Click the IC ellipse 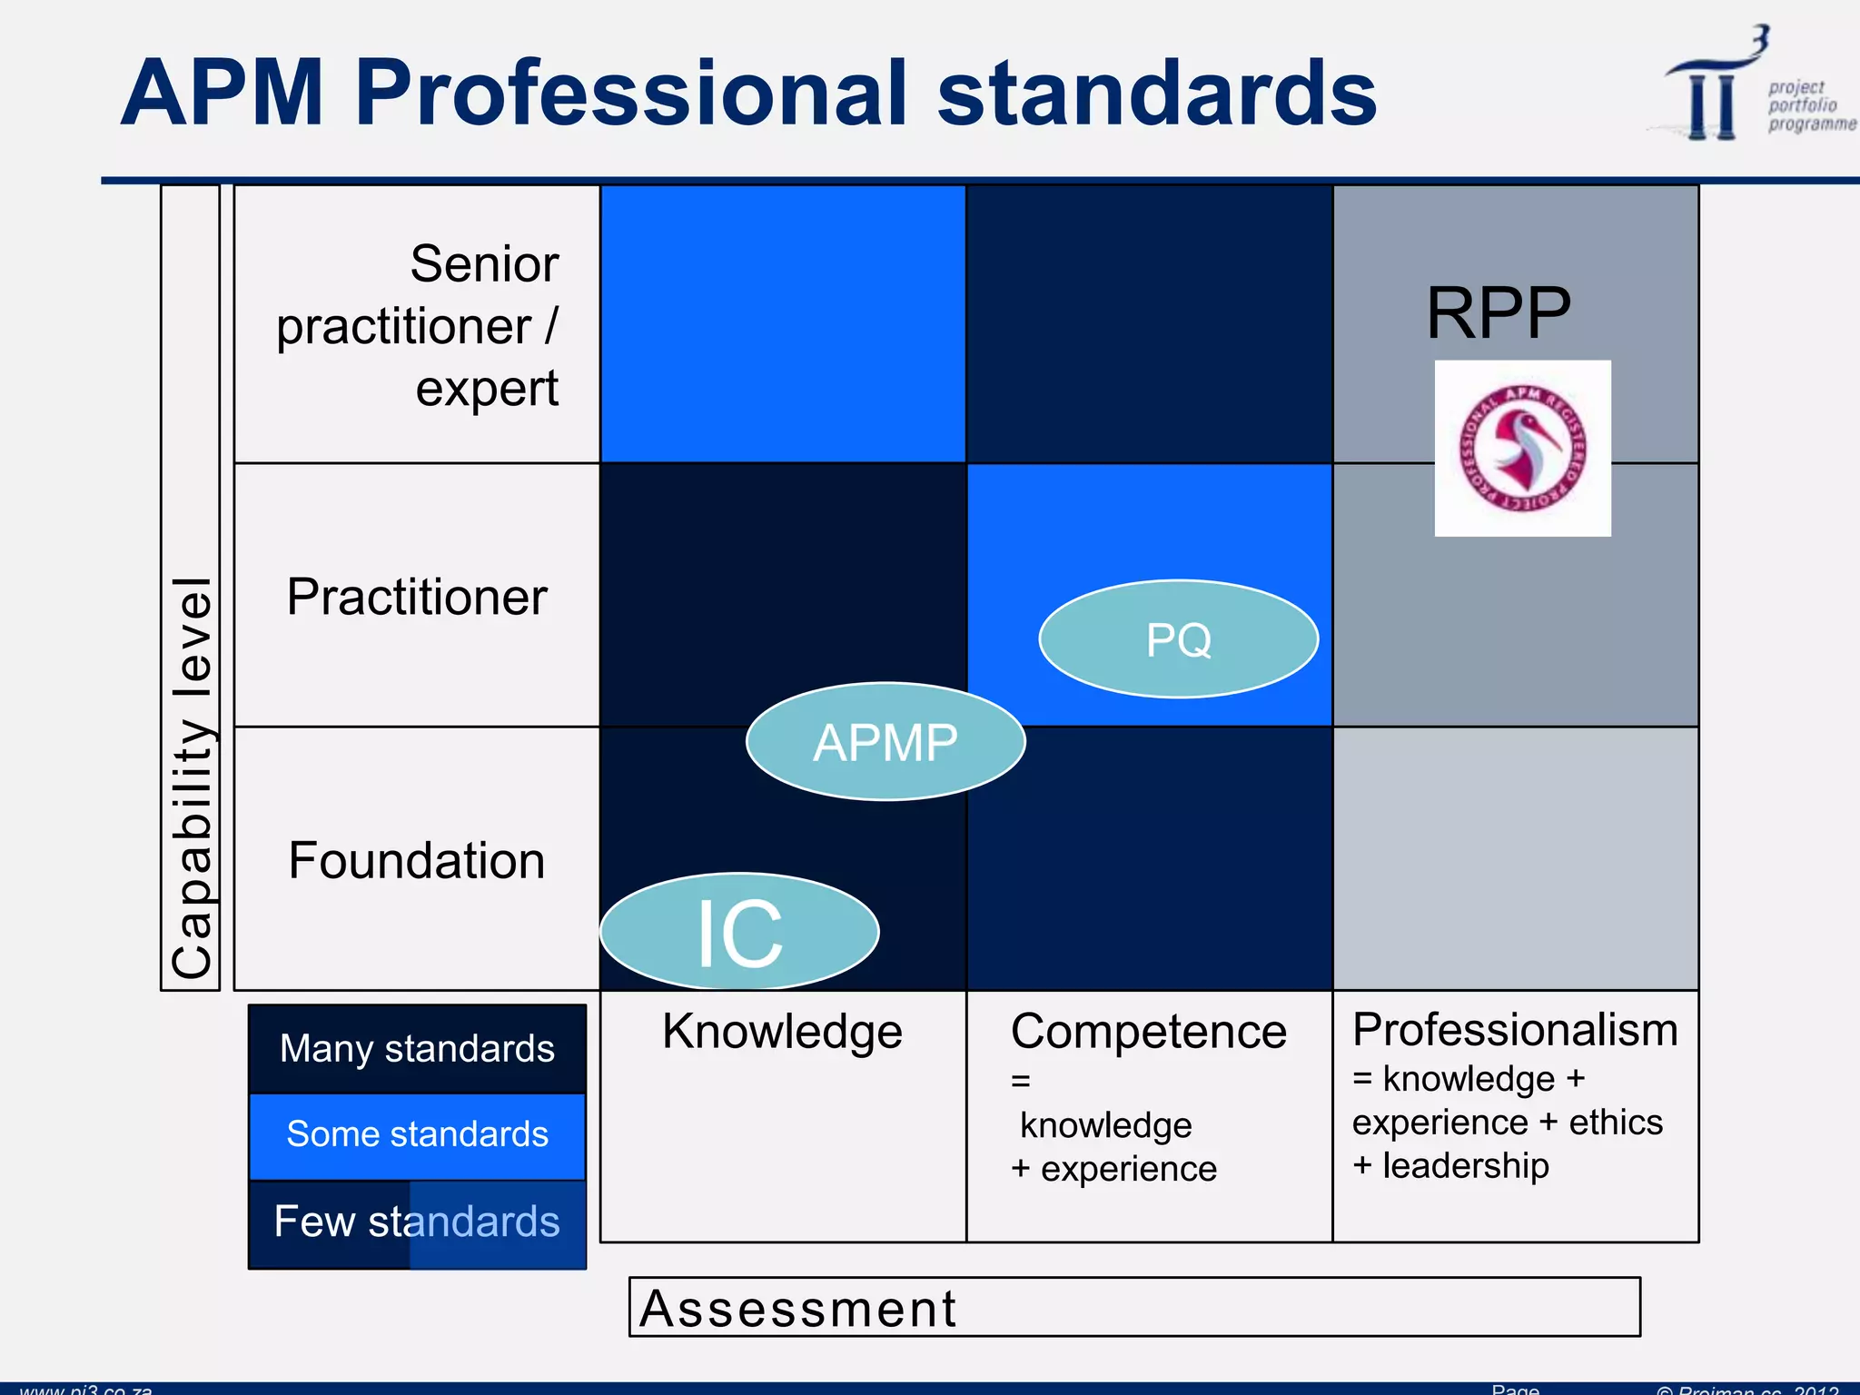click(x=739, y=932)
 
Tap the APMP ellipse click(x=885, y=742)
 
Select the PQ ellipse click(x=1178, y=639)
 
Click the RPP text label click(x=1499, y=313)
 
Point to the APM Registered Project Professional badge click(x=1522, y=449)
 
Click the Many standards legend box click(x=417, y=1049)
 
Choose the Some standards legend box click(x=417, y=1134)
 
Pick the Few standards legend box click(x=417, y=1222)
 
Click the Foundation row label click(x=417, y=860)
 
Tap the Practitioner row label click(x=417, y=597)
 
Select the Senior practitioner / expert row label click(x=417, y=325)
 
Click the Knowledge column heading click(x=782, y=1032)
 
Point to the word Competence click(x=1149, y=1032)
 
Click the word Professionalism click(x=1515, y=1030)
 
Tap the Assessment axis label click(x=797, y=1309)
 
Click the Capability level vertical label click(x=191, y=777)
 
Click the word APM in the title click(x=223, y=93)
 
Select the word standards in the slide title click(x=1156, y=93)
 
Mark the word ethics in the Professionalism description click(x=1616, y=1123)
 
